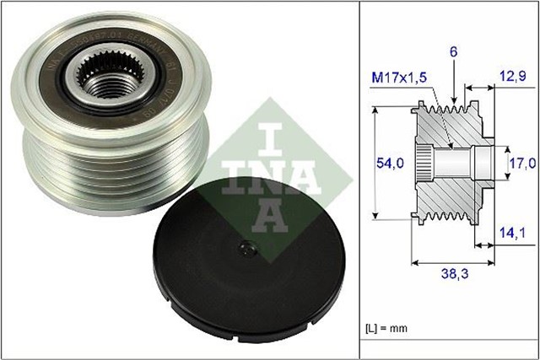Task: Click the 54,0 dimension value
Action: (389, 161)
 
